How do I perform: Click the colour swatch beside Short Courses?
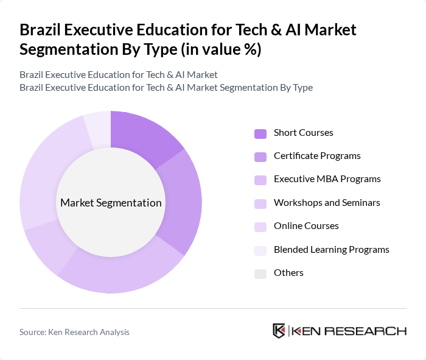260,133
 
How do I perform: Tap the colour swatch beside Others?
260,274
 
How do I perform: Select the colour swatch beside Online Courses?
260,227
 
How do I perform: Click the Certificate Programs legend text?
317,156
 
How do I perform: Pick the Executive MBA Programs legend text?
327,179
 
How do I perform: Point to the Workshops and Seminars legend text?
327,202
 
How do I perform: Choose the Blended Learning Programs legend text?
331,250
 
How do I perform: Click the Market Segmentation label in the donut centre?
111,203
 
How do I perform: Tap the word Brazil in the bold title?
41,30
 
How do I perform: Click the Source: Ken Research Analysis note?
74,332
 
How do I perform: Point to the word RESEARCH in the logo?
372,331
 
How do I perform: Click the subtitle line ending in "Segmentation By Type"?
166,88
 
